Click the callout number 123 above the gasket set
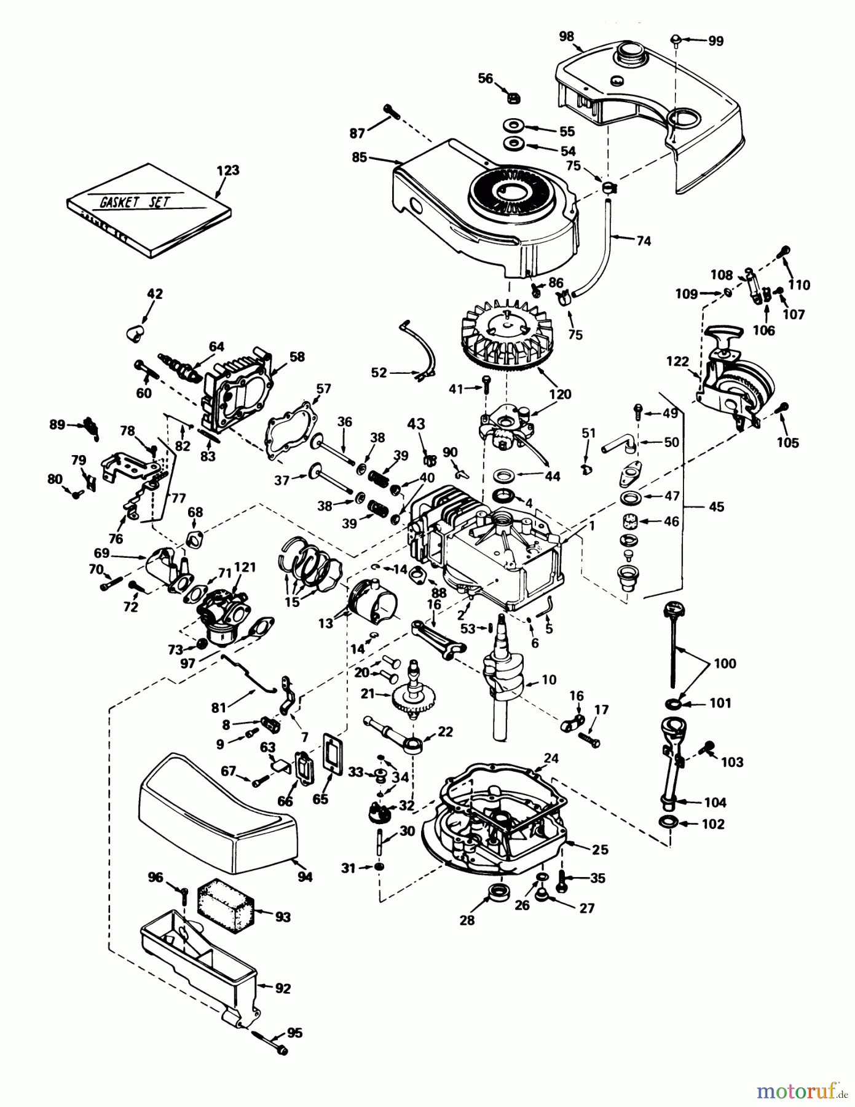coord(227,170)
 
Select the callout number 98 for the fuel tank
coord(566,37)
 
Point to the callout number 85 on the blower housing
coord(359,157)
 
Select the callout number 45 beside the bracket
coord(716,507)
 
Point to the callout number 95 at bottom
coord(294,1033)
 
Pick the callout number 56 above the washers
coord(486,78)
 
